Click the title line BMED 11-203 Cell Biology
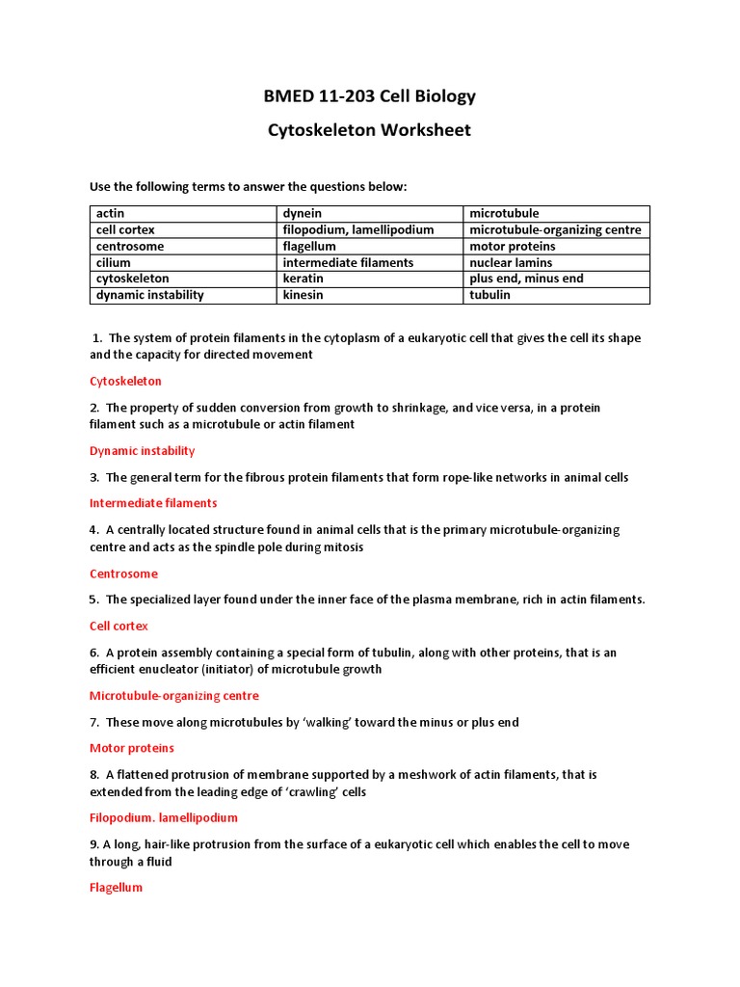[x=370, y=96]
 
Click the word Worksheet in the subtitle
[x=416, y=130]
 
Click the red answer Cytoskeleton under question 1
[x=125, y=381]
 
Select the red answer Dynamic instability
[x=142, y=450]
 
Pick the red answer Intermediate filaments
[x=153, y=502]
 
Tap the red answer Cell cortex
[x=119, y=626]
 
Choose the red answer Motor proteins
[x=131, y=747]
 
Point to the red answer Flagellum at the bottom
[x=116, y=887]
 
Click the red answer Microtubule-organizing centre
[x=173, y=695]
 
